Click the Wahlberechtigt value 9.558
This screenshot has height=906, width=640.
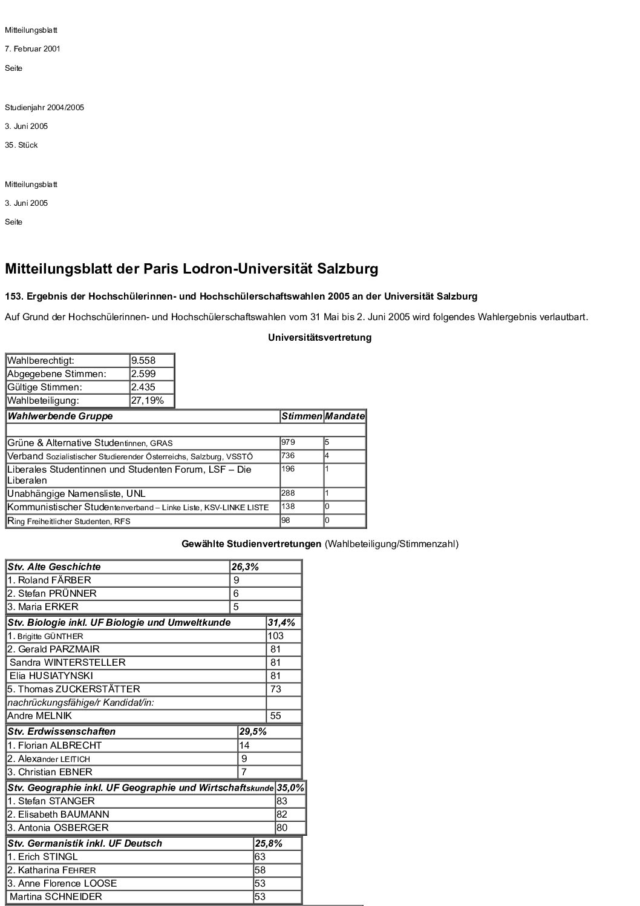click(143, 361)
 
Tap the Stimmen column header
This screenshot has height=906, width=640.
click(301, 416)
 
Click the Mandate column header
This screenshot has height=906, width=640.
click(345, 416)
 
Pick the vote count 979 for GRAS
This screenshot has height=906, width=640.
click(288, 443)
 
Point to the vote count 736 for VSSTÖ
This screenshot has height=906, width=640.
click(288, 456)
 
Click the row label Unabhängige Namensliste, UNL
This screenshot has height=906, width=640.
click(76, 494)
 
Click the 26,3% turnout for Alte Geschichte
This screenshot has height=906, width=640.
click(245, 567)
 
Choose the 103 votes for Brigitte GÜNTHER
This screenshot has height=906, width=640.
click(275, 636)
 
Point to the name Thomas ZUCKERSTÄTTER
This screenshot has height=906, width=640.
click(73, 689)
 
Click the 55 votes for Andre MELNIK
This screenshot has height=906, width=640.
click(276, 716)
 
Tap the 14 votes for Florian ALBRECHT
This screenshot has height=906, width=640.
click(244, 746)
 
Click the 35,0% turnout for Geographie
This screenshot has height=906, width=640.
click(290, 788)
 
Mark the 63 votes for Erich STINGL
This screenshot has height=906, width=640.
click(260, 857)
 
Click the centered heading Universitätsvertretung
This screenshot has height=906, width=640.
click(319, 338)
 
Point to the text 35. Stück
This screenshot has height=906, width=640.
click(21, 145)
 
